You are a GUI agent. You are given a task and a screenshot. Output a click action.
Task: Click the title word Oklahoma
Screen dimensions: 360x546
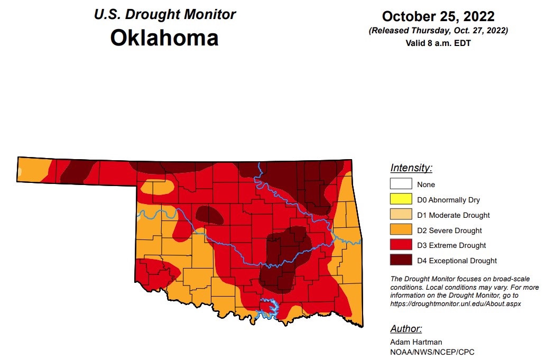pos(164,38)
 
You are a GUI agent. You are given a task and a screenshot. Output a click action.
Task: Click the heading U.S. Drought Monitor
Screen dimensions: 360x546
pos(164,14)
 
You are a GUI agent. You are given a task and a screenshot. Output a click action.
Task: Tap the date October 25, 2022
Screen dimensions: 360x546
pos(438,16)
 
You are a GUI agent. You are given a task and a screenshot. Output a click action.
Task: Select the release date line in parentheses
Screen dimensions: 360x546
pos(438,31)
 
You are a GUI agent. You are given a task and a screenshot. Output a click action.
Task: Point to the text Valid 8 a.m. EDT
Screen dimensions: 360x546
pos(438,43)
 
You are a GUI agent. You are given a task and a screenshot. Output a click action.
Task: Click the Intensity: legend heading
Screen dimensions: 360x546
pos(411,168)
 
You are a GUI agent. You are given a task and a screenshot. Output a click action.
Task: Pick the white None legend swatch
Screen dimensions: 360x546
pos(401,184)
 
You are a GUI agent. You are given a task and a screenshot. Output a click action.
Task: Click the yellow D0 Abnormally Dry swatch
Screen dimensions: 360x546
pos(401,200)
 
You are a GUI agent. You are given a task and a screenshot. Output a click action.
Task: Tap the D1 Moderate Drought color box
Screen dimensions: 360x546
pos(401,215)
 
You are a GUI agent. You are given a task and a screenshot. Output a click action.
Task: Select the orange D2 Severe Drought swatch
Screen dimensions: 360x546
pos(401,230)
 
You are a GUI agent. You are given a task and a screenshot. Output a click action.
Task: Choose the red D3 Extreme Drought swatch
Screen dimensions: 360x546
pos(401,245)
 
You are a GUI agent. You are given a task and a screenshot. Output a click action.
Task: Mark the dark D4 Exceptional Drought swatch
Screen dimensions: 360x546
pos(401,261)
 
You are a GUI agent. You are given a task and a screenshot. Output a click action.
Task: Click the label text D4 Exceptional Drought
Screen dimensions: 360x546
pos(457,261)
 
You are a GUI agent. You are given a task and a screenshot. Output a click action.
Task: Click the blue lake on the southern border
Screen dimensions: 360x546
pos(269,307)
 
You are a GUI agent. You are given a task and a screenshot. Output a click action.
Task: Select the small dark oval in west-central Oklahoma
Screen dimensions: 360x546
pos(209,215)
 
